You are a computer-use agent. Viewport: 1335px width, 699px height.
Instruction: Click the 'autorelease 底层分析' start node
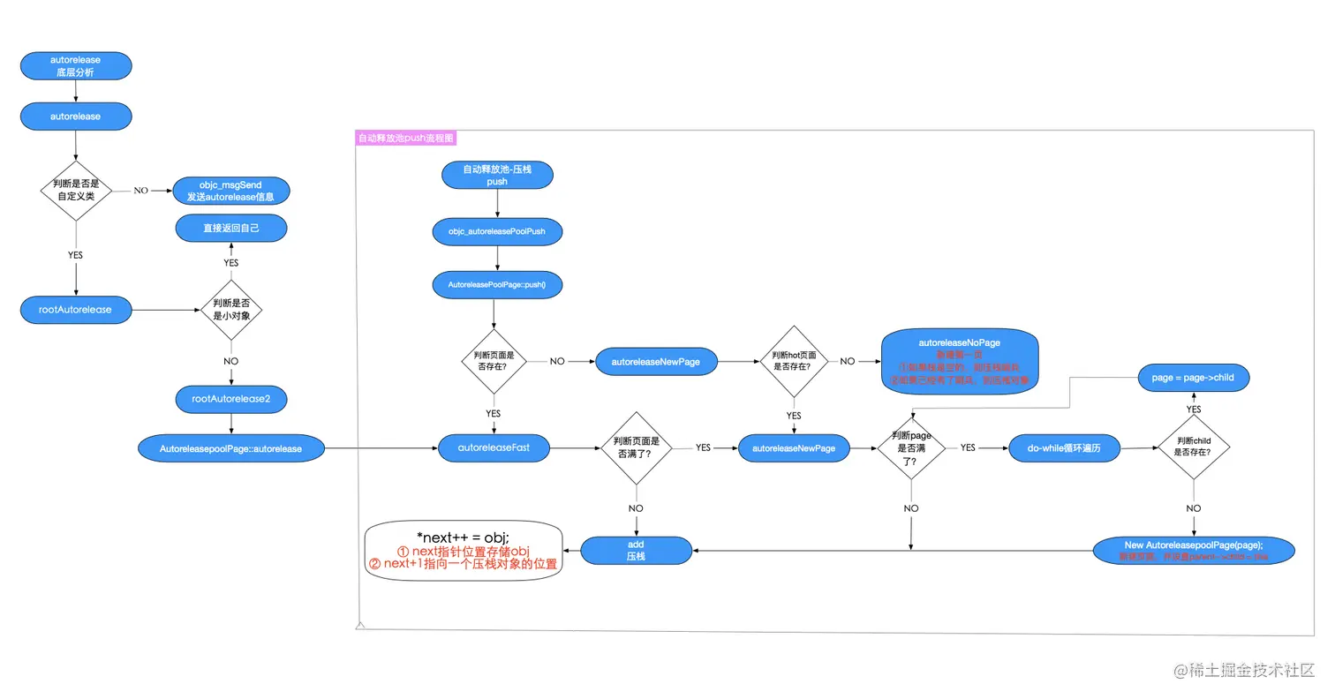76,66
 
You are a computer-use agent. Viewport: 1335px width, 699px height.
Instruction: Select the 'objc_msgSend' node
231,191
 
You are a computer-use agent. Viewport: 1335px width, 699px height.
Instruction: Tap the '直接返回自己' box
231,228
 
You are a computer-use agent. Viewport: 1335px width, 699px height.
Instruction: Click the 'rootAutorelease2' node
231,399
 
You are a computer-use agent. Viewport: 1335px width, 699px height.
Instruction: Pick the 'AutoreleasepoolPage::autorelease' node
231,448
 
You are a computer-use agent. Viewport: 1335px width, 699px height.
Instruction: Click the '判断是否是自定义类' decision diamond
76,191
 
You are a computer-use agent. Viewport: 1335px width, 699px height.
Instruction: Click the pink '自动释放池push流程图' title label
406,139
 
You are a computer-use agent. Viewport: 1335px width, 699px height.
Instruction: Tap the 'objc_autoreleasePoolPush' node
497,232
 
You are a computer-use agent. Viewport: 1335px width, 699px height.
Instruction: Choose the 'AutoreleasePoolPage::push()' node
497,285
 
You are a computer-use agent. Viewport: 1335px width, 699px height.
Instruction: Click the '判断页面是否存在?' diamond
493,361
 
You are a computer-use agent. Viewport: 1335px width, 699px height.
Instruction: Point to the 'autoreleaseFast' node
494,448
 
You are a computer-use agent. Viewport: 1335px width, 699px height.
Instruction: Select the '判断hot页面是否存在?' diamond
794,361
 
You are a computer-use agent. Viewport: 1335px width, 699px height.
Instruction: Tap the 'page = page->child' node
1193,377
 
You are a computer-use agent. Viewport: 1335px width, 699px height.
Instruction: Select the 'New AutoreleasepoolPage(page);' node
1194,550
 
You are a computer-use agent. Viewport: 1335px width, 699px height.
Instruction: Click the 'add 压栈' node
637,551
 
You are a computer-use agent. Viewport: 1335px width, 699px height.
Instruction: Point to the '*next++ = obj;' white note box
464,550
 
